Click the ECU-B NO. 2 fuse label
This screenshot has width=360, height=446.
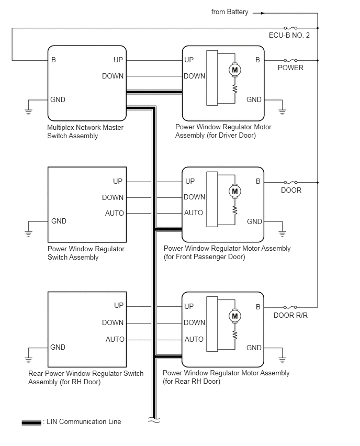click(289, 35)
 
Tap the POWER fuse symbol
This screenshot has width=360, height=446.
click(290, 60)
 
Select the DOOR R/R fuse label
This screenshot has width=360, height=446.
click(290, 315)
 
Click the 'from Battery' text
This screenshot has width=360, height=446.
click(230, 12)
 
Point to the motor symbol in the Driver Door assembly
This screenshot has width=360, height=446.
click(235, 70)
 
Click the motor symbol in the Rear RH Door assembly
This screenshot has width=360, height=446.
click(235, 316)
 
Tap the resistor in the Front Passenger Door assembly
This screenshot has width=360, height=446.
click(235, 210)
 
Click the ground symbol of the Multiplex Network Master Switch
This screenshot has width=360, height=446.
click(28, 111)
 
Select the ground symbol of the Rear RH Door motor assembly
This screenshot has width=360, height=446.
click(282, 360)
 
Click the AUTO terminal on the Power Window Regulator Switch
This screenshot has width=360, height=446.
click(115, 214)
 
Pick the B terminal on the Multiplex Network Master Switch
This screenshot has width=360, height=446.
click(53, 60)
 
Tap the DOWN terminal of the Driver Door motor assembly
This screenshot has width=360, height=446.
click(195, 76)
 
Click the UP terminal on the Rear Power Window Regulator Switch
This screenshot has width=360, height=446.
click(119, 306)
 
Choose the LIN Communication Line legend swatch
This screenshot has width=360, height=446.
click(31, 422)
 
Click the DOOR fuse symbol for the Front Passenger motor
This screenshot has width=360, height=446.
click(290, 182)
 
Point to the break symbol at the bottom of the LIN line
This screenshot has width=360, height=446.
click(154, 420)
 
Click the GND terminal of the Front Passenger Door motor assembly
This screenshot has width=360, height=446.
click(254, 221)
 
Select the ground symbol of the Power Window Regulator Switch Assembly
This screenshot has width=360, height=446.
click(28, 233)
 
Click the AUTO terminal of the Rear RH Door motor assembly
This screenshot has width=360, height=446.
click(194, 339)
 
